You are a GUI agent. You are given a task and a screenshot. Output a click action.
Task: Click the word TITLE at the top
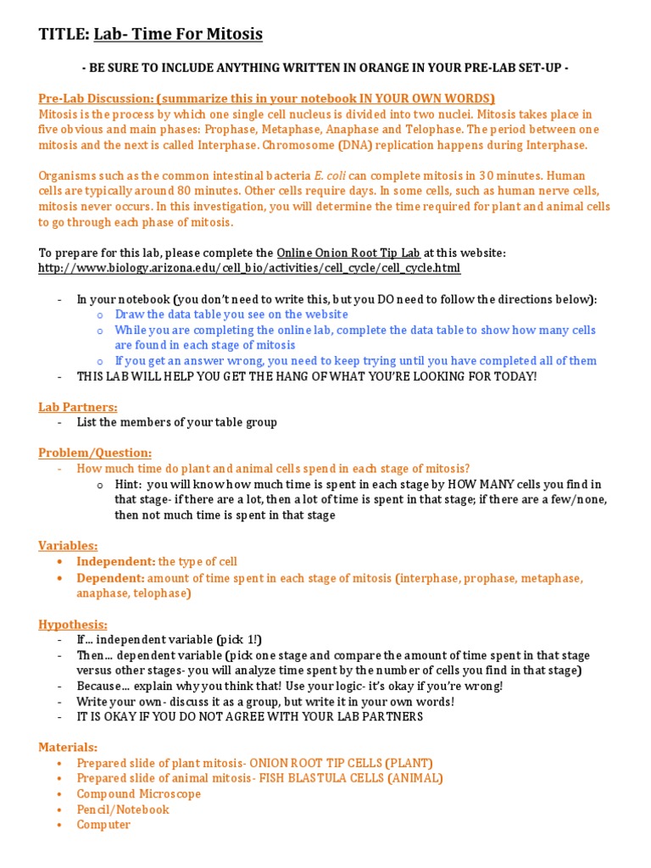(64, 35)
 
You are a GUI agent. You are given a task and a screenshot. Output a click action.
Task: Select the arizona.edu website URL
(249, 268)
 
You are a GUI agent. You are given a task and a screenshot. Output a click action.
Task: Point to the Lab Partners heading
(78, 407)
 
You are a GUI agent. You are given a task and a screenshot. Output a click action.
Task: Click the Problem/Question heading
(95, 453)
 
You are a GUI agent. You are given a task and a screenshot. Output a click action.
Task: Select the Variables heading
(68, 545)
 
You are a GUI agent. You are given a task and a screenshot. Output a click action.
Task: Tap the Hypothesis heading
(73, 625)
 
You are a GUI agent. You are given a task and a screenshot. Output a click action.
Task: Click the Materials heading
(68, 748)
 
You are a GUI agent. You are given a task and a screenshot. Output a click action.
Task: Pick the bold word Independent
(115, 561)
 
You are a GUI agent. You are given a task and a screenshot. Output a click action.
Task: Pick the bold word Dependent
(110, 578)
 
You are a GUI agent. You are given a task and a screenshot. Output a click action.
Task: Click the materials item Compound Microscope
(139, 794)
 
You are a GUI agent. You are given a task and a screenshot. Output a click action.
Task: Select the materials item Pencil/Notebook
(123, 810)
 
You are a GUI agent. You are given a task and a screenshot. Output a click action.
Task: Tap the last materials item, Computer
(103, 825)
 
